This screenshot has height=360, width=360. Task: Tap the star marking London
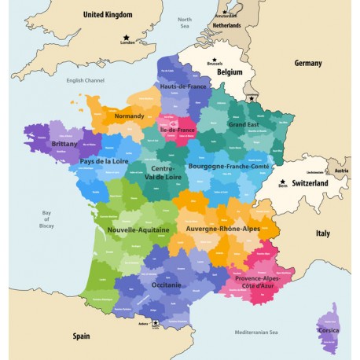click(x=125, y=38)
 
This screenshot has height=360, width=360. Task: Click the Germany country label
click(x=308, y=63)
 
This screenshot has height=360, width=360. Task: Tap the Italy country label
click(x=323, y=233)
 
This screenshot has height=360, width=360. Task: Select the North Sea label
click(x=185, y=23)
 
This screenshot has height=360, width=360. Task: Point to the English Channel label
click(x=85, y=79)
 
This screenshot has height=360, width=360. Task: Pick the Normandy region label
click(x=129, y=116)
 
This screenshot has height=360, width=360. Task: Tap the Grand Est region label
click(x=243, y=124)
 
